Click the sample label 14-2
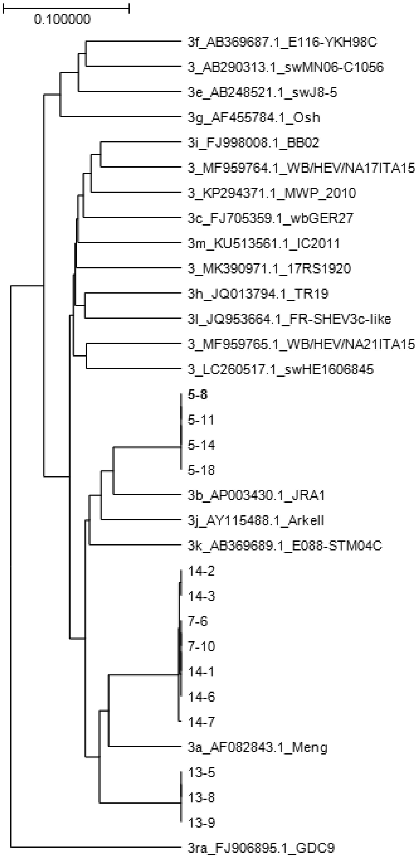[x=201, y=571]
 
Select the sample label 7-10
[x=201, y=646]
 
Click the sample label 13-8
[x=201, y=797]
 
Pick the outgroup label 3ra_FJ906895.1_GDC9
[x=261, y=848]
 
